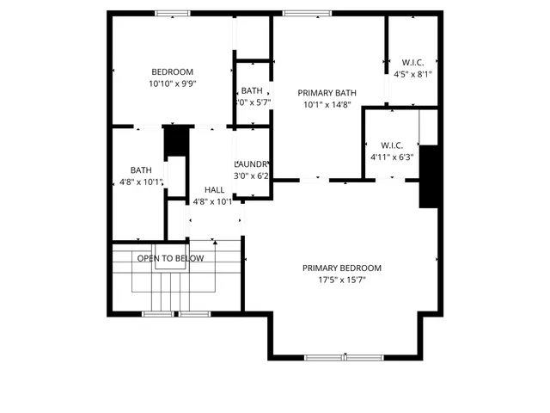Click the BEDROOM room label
[172, 72]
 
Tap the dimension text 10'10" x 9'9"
[172, 84]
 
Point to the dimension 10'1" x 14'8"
[327, 105]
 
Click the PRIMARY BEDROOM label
[341, 268]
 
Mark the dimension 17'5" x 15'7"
[341, 280]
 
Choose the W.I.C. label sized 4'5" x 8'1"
[412, 62]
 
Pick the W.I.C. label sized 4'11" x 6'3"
[392, 145]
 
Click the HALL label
[214, 190]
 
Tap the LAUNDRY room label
[253, 164]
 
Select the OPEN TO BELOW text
[170, 258]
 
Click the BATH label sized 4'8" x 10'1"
[141, 170]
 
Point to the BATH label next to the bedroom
[252, 90]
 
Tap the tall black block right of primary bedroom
[430, 177]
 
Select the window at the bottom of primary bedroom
[327, 356]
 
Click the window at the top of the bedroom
[172, 13]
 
